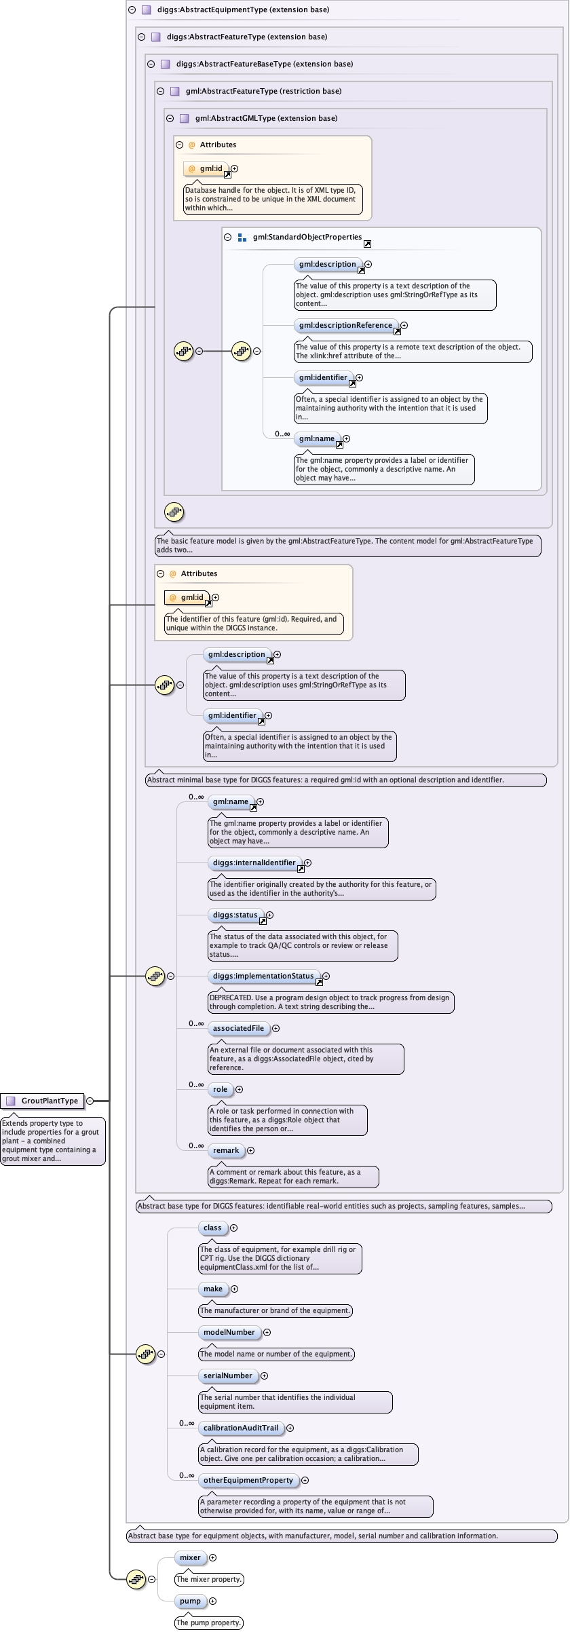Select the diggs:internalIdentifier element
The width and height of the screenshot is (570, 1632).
(254, 863)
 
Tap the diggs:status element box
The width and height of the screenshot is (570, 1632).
(235, 915)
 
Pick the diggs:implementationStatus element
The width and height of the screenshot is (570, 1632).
(263, 976)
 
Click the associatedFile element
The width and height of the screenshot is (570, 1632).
(238, 1029)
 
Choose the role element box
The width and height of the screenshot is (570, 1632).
(220, 1090)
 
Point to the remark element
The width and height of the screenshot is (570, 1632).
(226, 1151)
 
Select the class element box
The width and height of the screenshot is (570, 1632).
(212, 1228)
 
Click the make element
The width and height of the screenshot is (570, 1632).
(213, 1289)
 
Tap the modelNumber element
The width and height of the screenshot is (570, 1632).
(229, 1333)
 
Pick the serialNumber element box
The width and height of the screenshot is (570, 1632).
(228, 1376)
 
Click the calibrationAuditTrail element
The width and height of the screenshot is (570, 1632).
(241, 1428)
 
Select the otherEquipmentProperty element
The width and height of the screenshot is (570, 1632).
(248, 1481)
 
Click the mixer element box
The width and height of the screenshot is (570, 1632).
(190, 1558)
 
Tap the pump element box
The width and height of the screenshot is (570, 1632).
(190, 1601)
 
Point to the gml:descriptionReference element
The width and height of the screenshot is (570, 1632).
(345, 326)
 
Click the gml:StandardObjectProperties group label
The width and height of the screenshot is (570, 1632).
(307, 238)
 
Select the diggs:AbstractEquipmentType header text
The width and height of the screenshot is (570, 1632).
(244, 10)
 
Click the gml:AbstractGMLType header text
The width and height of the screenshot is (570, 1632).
(267, 119)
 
